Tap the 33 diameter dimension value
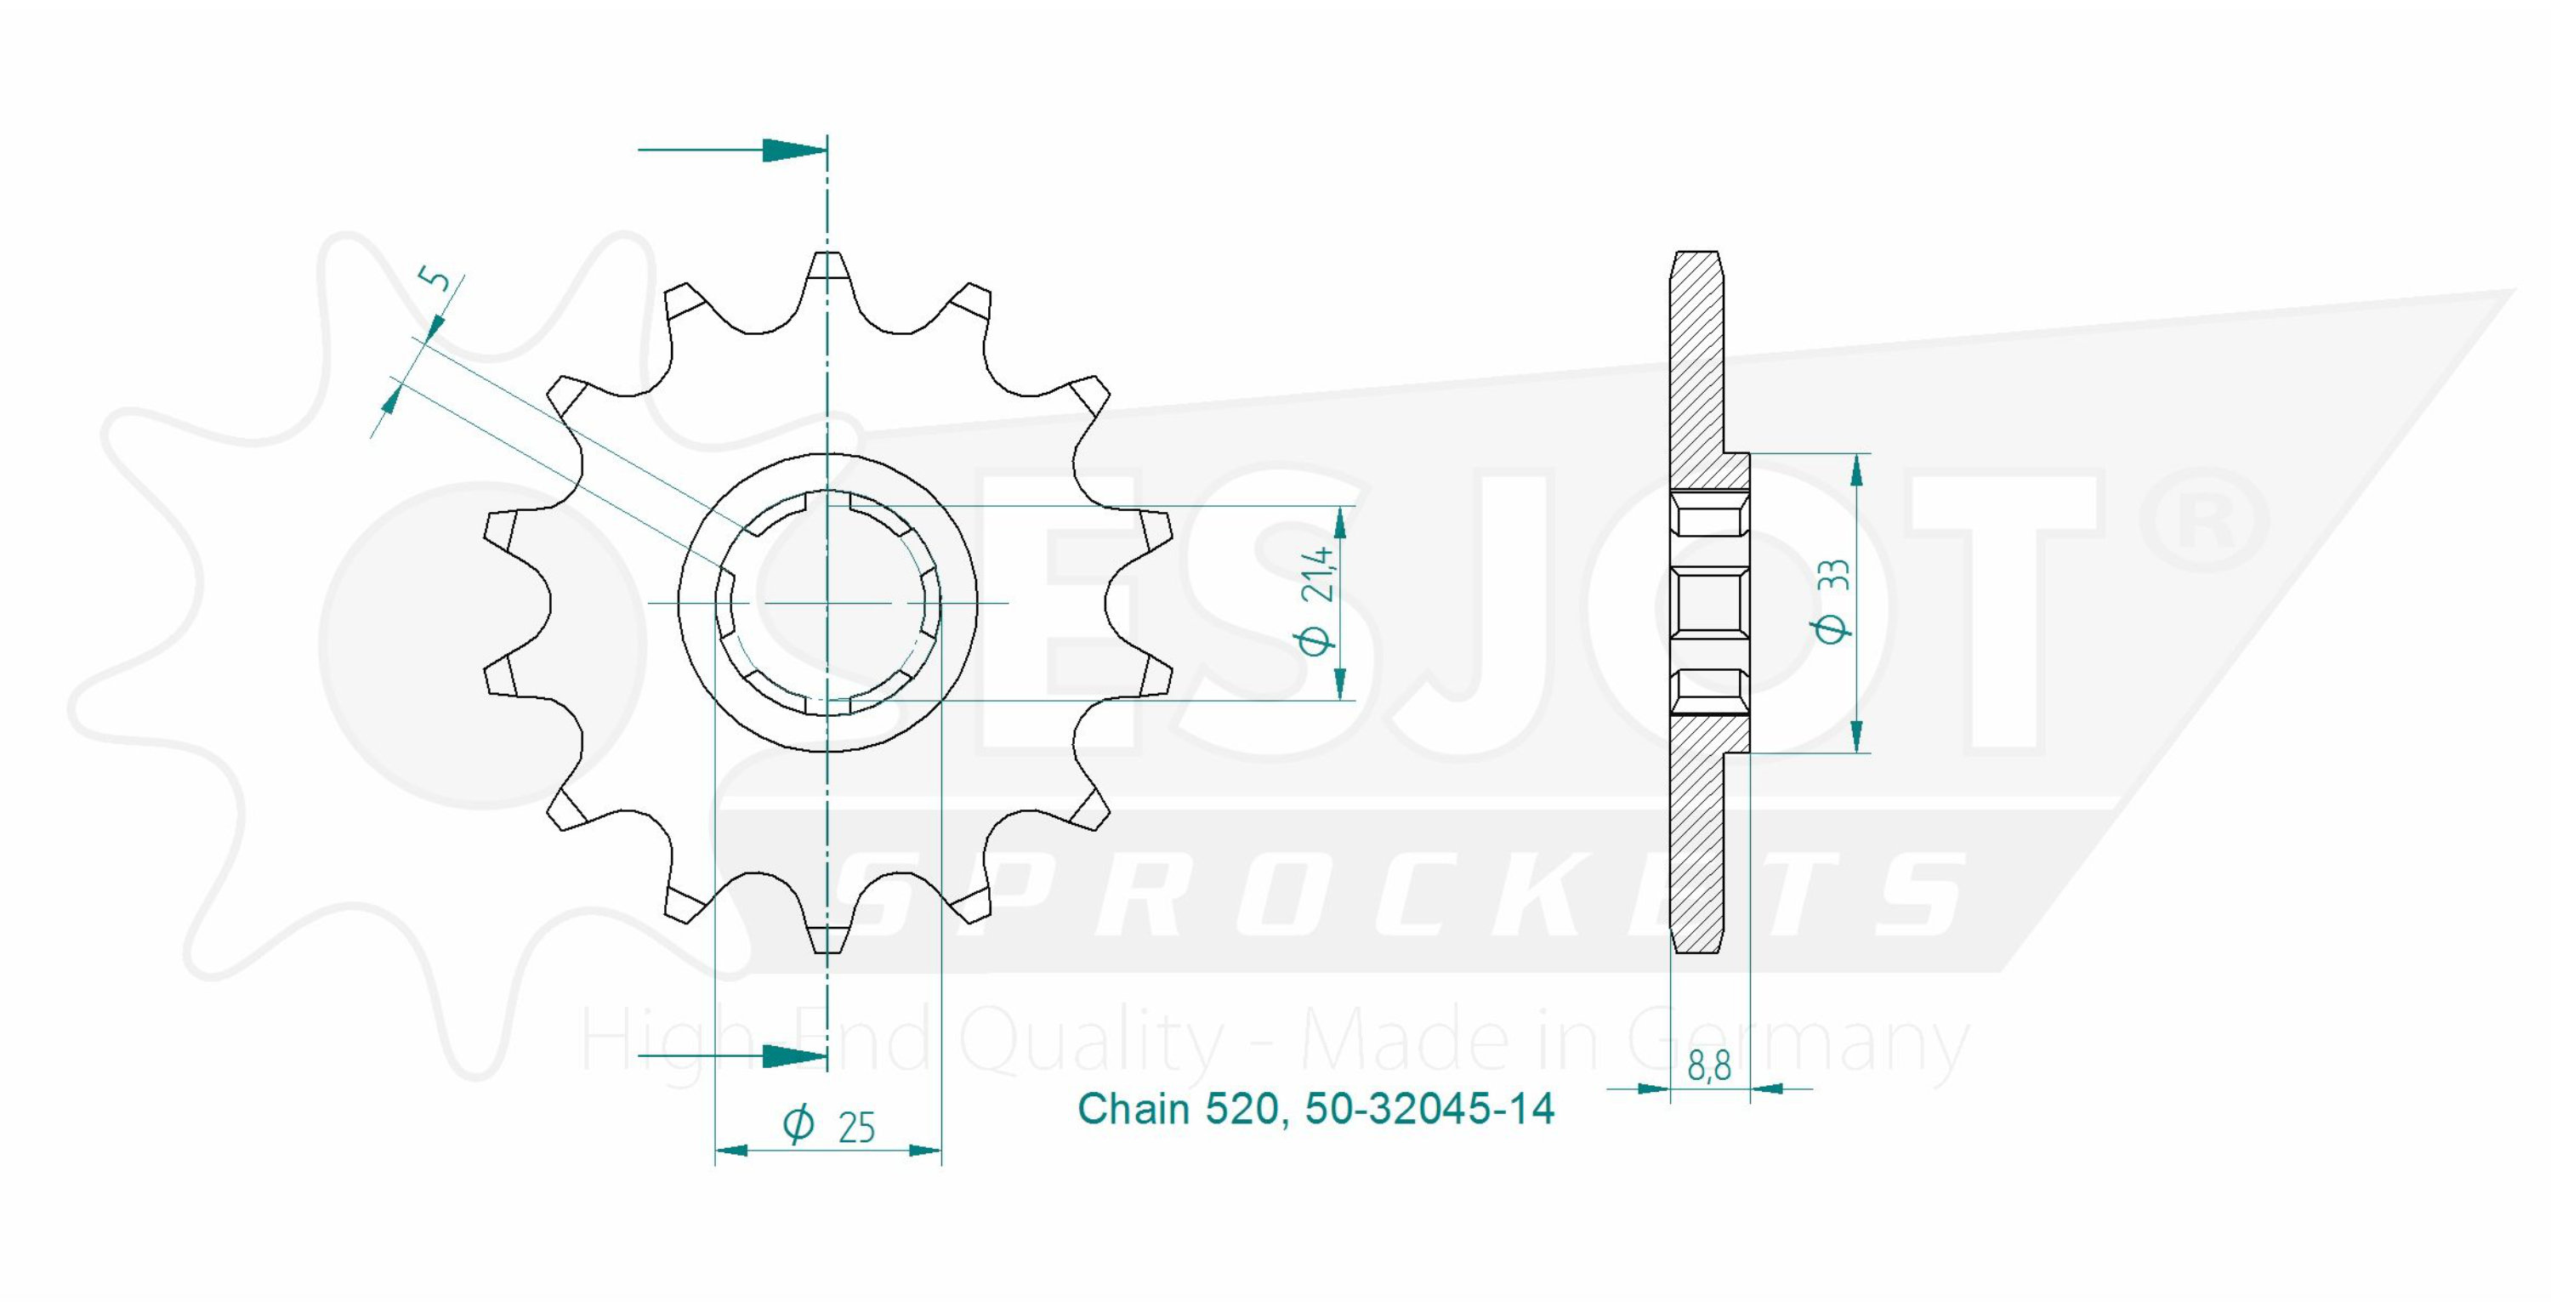pos(1833,574)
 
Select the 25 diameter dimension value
pos(856,1128)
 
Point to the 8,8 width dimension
pos(1709,1066)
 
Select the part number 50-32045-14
pos(1429,1109)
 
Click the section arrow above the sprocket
pos(732,151)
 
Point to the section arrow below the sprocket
pos(732,1056)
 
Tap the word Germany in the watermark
pos(1798,1044)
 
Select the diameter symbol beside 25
pos(798,1125)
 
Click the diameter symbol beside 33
pos(1833,628)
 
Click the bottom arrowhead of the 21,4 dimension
pos(1340,683)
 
